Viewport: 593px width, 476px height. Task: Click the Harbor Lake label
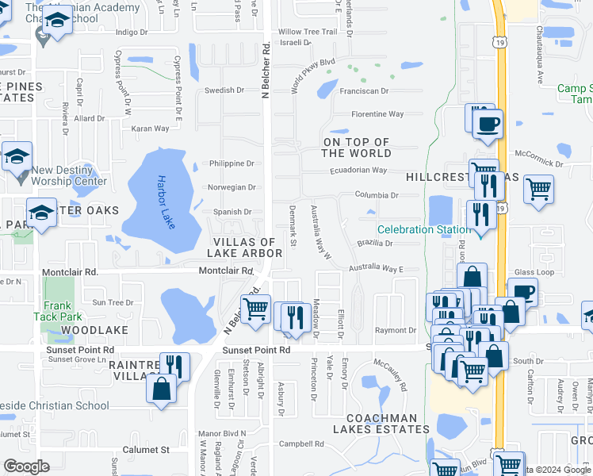(164, 203)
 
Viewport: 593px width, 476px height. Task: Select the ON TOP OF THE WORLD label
(356, 148)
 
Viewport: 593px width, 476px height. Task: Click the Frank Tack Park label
(58, 311)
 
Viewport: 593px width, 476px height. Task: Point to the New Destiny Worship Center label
(68, 175)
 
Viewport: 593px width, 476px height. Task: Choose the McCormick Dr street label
(538, 159)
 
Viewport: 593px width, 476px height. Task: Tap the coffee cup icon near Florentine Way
(488, 124)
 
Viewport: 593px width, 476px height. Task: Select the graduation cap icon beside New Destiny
(16, 155)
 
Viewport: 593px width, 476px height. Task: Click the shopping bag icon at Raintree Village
(162, 390)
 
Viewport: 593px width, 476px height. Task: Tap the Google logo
(27, 466)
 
